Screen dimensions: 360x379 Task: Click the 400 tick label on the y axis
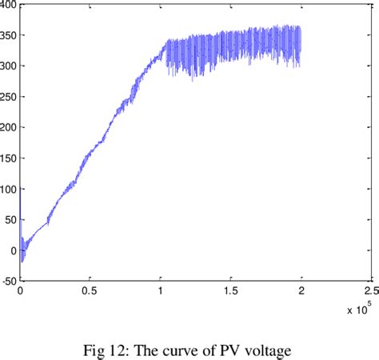(x=9, y=6)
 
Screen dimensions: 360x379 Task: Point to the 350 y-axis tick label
(x=9, y=36)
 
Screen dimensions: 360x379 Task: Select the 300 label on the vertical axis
(x=9, y=66)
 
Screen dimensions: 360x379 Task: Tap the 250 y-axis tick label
(x=9, y=97)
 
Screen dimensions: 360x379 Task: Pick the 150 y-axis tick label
(x=9, y=158)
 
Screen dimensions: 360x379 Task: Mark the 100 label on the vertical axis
(x=9, y=189)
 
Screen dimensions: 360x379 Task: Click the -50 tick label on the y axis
(x=8, y=280)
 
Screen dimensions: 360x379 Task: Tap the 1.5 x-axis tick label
(x=231, y=292)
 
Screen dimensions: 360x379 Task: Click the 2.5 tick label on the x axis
(x=370, y=292)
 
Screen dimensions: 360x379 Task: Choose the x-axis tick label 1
(x=162, y=292)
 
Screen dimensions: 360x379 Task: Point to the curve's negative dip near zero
(x=22, y=258)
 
